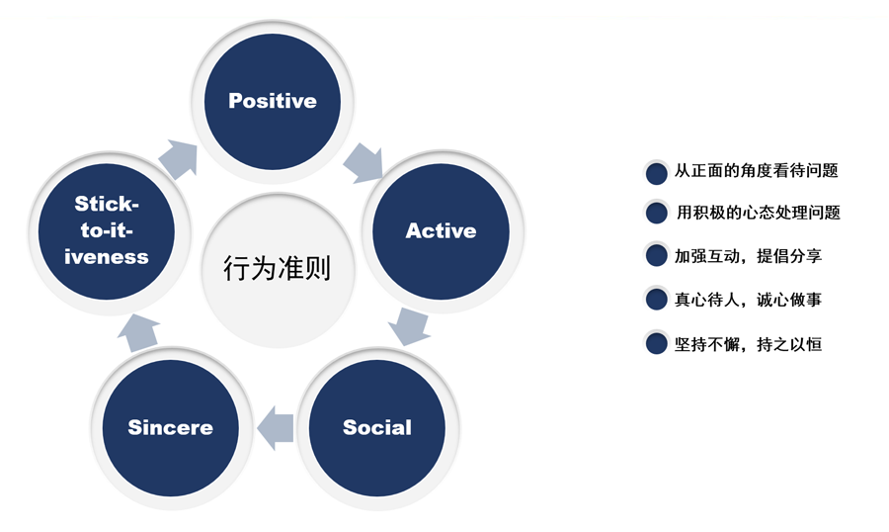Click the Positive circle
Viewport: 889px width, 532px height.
[x=273, y=102]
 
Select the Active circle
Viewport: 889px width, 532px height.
[x=442, y=231]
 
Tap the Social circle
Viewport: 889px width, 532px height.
[x=377, y=427]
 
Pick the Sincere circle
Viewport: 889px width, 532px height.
[x=170, y=427]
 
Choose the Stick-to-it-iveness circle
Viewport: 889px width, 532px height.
[x=107, y=231]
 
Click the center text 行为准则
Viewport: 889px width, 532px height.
[x=277, y=269]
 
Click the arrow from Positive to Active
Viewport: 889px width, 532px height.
[x=364, y=163]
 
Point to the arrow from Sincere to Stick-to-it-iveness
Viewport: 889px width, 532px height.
[x=139, y=331]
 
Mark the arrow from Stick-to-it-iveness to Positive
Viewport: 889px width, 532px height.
[x=179, y=158]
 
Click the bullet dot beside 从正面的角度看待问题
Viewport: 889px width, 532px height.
[x=657, y=173]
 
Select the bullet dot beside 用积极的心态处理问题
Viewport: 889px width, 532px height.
[x=657, y=213]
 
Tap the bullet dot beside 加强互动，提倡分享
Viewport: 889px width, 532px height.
[x=657, y=255]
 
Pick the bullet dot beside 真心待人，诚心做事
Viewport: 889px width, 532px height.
[x=657, y=300]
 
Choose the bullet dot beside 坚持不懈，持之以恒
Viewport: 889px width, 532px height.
[x=657, y=343]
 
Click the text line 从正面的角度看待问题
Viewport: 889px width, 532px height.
[x=757, y=170]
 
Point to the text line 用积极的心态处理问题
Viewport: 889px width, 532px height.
[x=758, y=213]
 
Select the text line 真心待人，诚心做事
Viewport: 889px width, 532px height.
[x=748, y=300]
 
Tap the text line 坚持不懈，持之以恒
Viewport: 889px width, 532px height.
[x=748, y=343]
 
